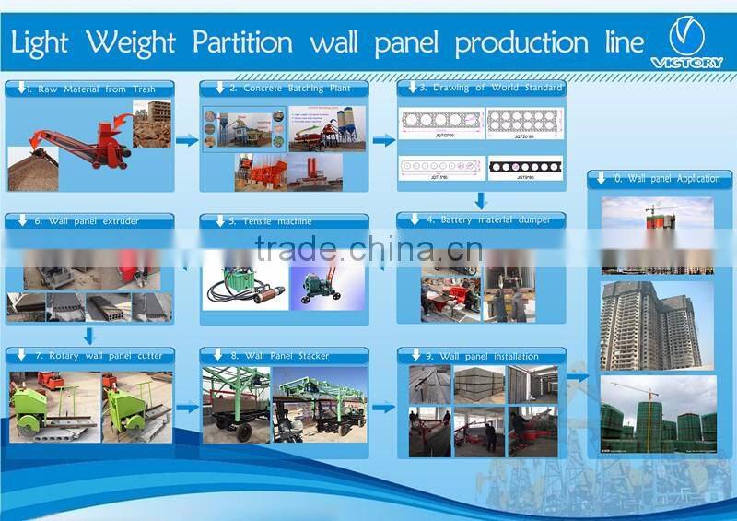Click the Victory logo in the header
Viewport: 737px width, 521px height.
(686, 42)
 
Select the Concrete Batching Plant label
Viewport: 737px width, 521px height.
(289, 89)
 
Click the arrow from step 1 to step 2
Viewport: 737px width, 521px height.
(187, 140)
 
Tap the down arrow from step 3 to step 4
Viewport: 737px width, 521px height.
(481, 200)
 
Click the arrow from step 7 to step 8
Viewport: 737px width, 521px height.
(187, 407)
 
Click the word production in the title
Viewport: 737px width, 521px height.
(521, 42)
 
